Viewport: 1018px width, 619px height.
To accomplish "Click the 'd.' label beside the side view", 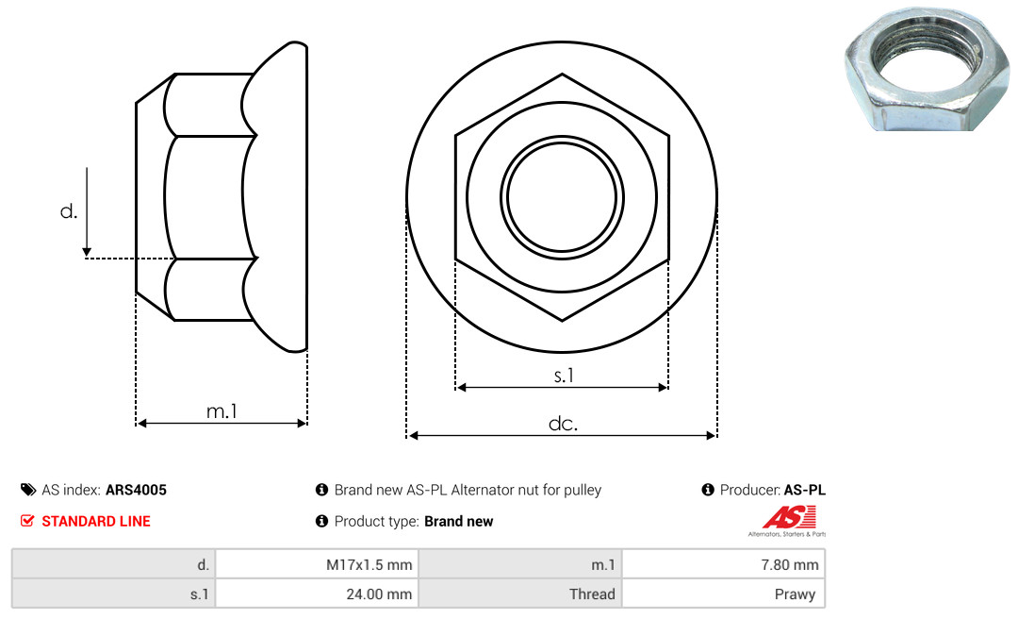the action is point(68,210).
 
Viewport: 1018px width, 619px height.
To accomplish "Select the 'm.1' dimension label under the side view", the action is point(222,410).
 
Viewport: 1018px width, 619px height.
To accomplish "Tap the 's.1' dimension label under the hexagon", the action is point(564,376).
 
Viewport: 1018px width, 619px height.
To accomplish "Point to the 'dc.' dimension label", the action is point(563,424).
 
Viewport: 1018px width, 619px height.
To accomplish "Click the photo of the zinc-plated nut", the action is point(928,68).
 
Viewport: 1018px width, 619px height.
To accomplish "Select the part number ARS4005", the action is point(136,490).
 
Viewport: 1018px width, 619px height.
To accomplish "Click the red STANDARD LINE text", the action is point(96,521).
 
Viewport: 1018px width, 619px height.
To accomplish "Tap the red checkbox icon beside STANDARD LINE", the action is point(27,521).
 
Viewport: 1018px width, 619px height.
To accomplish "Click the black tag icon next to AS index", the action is point(28,490).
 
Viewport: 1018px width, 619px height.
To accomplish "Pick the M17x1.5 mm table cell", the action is point(317,564).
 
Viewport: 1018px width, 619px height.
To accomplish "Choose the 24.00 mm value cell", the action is point(317,594).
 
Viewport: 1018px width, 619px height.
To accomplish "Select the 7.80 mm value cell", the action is point(723,564).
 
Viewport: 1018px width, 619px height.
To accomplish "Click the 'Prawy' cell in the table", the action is point(723,594).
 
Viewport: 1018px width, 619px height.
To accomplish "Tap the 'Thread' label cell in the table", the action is point(520,594).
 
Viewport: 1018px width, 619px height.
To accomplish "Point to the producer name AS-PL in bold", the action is point(804,490).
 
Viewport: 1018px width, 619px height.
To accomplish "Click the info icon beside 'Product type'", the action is point(321,521).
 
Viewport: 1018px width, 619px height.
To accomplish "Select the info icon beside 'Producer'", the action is point(708,490).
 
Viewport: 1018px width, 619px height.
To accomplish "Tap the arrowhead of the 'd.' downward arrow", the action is point(87,252).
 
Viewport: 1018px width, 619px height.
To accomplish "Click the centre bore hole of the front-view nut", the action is point(562,197).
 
